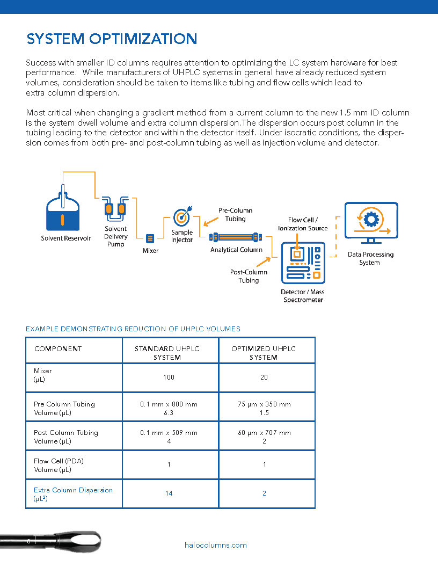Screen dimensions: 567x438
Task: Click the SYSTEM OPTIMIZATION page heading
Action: [x=112, y=39]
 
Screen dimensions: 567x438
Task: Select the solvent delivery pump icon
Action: [x=115, y=209]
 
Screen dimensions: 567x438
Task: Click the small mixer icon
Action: [x=150, y=238]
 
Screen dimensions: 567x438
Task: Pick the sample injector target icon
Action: [x=182, y=217]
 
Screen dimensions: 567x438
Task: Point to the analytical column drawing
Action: [x=235, y=236]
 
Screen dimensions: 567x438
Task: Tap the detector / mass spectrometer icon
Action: [x=303, y=263]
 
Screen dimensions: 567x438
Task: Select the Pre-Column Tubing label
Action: [x=235, y=215]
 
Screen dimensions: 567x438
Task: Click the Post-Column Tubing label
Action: [x=249, y=276]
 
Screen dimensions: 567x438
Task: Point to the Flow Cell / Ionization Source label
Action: [x=303, y=224]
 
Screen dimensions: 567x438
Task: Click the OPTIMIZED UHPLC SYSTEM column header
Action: [x=264, y=353]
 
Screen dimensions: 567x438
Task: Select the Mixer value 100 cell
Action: [x=169, y=377]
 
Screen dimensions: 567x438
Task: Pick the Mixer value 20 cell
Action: [x=264, y=377]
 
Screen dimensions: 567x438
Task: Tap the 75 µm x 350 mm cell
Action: [x=264, y=404]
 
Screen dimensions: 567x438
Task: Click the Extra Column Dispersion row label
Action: [x=73, y=490]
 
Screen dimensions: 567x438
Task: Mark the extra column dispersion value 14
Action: [x=169, y=493]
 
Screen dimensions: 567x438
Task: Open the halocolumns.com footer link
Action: [x=215, y=545]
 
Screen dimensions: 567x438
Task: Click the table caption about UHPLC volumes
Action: [x=133, y=329]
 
